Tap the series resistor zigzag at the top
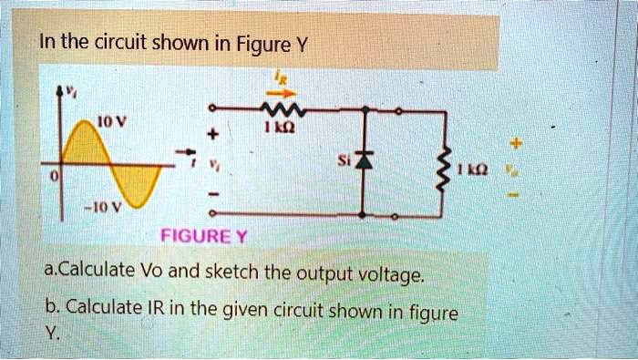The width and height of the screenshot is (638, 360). click(x=286, y=110)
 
